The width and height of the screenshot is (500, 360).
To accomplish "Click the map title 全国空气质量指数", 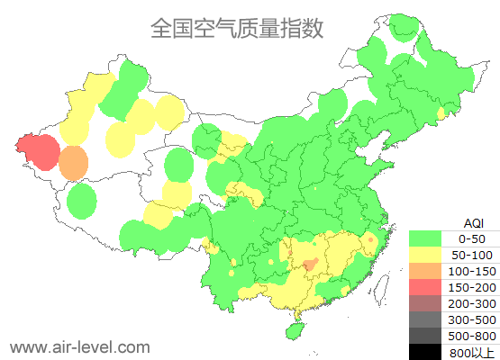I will [x=237, y=29].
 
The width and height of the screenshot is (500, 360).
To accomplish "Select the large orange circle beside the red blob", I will [x=74, y=163].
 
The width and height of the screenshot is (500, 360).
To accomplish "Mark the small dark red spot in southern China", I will [x=309, y=265].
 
